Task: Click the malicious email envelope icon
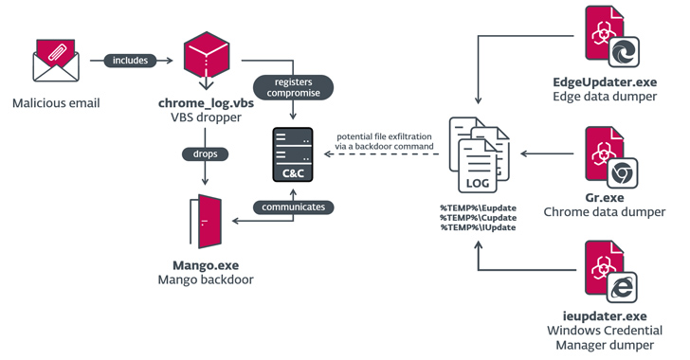(56, 61)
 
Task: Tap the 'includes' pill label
(130, 61)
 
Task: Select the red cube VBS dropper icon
(207, 56)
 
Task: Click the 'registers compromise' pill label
(294, 87)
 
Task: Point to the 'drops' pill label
(205, 154)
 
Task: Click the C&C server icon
(293, 154)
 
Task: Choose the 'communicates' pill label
(294, 207)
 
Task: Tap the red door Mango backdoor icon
(206, 222)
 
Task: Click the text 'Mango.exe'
(206, 265)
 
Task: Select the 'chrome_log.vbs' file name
(206, 103)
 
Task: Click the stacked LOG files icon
(479, 154)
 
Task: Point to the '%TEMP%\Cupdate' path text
(479, 218)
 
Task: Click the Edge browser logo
(624, 52)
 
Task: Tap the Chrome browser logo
(622, 173)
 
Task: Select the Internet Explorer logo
(622, 287)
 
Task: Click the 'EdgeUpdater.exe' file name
(605, 82)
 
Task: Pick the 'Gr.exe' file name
(605, 198)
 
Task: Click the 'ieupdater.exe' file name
(605, 316)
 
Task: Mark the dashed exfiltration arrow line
(382, 154)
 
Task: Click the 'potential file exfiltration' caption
(384, 136)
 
